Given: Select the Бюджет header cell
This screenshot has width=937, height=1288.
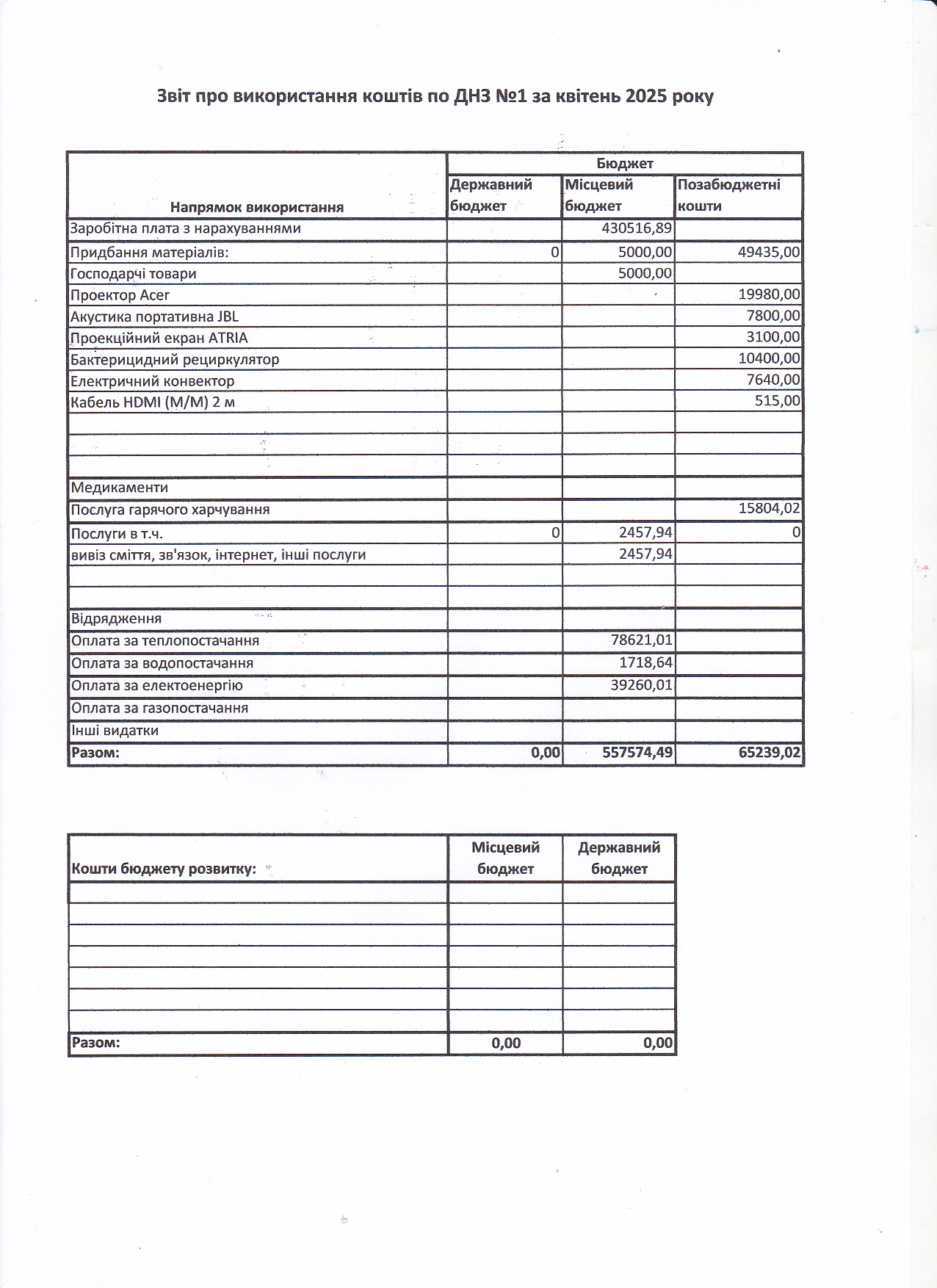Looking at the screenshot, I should [x=624, y=163].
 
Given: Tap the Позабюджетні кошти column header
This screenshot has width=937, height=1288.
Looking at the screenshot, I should [x=728, y=195].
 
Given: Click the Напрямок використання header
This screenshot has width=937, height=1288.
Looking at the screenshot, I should [x=257, y=207].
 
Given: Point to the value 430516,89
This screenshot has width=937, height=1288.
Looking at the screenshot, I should [x=636, y=228].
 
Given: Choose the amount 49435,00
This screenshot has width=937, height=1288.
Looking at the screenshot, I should [x=768, y=253].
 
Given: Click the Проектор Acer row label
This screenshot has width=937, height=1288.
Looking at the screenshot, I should [x=120, y=295].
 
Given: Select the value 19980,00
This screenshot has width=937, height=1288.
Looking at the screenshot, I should [x=768, y=294].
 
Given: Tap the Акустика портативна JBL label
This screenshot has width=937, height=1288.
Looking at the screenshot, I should [x=154, y=316].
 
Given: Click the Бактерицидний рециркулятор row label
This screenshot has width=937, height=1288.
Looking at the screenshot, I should [x=175, y=360].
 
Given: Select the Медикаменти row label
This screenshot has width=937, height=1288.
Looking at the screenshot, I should [x=120, y=488].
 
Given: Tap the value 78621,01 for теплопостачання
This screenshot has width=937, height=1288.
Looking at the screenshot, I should [x=641, y=640].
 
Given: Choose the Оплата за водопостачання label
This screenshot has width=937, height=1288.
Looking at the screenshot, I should [x=162, y=663].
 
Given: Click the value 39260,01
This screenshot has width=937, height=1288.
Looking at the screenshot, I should [x=641, y=685].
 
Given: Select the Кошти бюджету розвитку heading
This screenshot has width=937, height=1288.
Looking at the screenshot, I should [x=164, y=869].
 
